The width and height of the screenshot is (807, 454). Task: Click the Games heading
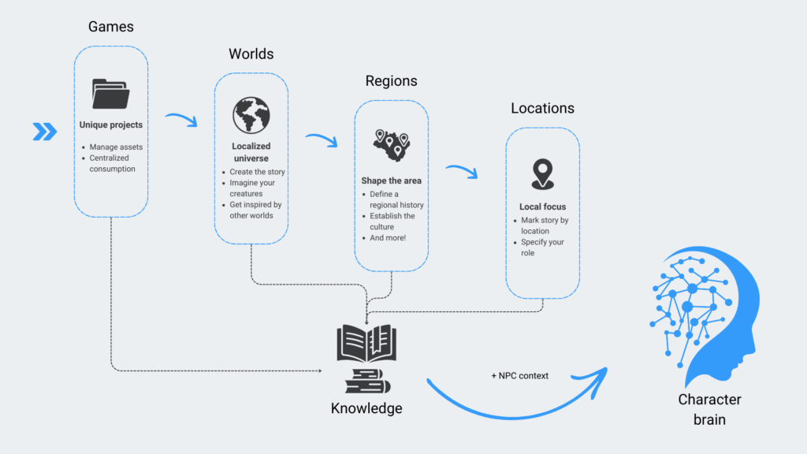click(111, 27)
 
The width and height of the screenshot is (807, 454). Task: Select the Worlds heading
click(251, 54)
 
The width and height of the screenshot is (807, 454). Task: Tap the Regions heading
click(391, 81)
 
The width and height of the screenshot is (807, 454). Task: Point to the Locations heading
click(542, 108)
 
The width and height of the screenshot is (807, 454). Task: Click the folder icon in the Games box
click(110, 94)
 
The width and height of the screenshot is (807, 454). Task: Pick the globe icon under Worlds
click(251, 116)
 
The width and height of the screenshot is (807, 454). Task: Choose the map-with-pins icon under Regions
click(391, 144)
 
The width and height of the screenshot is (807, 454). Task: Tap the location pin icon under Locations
click(542, 174)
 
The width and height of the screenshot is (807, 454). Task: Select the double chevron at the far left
click(45, 132)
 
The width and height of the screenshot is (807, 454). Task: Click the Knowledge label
click(366, 408)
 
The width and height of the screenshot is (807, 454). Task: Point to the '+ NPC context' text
click(519, 375)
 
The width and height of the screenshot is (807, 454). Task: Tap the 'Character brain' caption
click(709, 409)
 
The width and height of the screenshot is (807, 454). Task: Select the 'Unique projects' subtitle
click(111, 125)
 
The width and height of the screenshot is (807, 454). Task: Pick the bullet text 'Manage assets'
click(115, 147)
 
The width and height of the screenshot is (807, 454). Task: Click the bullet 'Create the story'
click(257, 172)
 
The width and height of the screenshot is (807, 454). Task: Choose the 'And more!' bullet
click(387, 237)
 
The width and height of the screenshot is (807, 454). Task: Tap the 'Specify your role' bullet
click(542, 247)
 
